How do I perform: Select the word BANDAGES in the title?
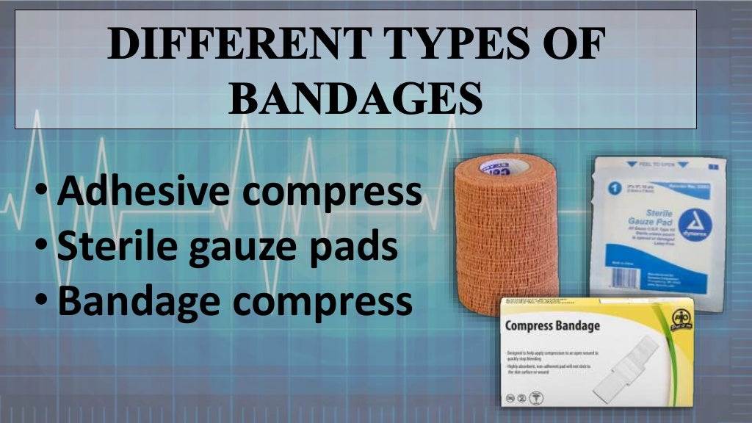pos(356,98)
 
